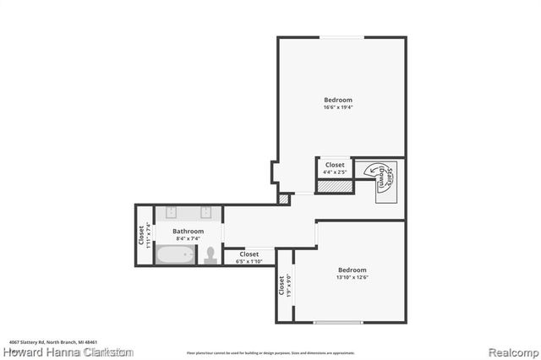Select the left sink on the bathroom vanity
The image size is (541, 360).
[172, 213]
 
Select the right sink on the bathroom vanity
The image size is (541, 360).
[205, 213]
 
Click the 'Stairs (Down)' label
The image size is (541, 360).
[382, 177]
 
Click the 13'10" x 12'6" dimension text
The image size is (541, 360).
[353, 277]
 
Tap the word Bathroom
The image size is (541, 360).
[188, 231]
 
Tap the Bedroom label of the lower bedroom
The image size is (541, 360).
[353, 270]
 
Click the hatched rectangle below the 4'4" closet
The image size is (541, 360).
[333, 185]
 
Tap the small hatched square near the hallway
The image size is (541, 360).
[283, 199]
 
